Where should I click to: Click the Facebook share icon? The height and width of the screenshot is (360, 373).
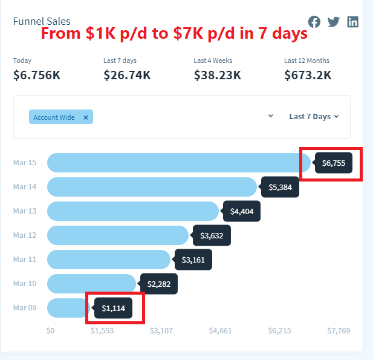(314, 22)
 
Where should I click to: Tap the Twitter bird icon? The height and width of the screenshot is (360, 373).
(334, 22)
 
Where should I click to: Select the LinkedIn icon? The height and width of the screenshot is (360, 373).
(353, 22)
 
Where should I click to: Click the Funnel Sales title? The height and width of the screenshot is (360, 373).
(42, 21)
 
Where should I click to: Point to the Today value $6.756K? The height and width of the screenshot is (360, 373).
(37, 75)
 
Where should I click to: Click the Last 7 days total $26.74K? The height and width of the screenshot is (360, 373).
(127, 75)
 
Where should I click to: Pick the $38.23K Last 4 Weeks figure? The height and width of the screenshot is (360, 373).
(218, 75)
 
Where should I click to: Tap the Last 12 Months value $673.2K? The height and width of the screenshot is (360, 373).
(308, 75)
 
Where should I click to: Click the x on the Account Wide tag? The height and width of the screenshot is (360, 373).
(86, 117)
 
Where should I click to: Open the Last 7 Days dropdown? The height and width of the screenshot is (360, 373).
(314, 116)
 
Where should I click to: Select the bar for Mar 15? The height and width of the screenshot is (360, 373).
(179, 163)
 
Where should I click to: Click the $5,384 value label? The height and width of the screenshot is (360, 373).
(280, 187)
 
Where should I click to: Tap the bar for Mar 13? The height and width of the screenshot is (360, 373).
(133, 211)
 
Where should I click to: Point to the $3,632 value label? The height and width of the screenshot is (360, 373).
(212, 235)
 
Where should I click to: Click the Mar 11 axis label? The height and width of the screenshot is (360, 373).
(25, 260)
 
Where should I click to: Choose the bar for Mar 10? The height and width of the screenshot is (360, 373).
(91, 284)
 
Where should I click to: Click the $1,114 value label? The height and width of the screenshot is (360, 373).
(113, 308)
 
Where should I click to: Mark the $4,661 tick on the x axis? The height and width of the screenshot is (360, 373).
(220, 331)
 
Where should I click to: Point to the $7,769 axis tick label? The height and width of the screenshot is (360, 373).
(339, 331)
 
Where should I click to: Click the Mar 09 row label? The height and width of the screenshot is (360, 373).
(25, 307)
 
